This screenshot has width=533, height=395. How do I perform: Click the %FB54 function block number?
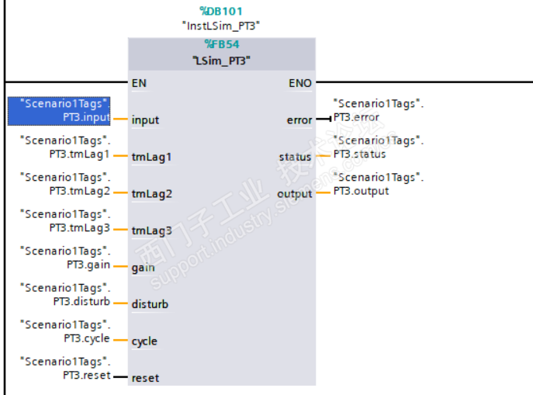222,44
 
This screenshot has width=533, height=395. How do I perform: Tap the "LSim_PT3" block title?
222,60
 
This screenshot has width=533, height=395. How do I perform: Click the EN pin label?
139,81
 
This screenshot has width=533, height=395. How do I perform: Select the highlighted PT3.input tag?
59,111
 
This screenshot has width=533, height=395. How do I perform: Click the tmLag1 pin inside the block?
151,157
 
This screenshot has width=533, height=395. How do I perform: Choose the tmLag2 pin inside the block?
151,193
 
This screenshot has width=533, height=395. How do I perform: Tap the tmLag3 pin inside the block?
151,230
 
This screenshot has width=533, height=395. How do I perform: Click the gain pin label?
143,267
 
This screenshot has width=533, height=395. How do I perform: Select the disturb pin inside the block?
150,304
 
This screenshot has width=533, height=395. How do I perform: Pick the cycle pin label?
144,341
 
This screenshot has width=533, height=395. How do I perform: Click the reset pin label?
144,378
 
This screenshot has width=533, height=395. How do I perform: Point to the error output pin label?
299,120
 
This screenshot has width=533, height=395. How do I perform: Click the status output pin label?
295,157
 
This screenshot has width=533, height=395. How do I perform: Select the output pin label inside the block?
295,193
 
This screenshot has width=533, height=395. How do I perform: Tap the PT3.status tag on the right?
359,154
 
